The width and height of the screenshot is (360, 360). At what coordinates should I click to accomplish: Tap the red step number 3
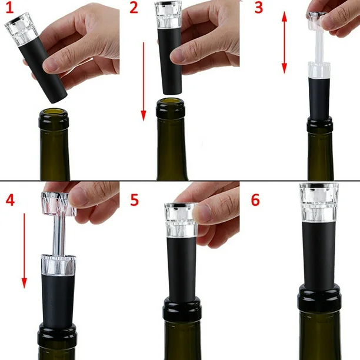click(258, 7)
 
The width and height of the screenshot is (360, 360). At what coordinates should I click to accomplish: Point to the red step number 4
click(11, 199)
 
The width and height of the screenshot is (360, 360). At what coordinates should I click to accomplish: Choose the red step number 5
click(135, 199)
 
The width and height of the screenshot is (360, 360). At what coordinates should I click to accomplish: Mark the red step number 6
click(255, 199)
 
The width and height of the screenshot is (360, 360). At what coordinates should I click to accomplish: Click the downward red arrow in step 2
click(144, 81)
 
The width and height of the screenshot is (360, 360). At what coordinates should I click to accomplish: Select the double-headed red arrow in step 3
click(284, 42)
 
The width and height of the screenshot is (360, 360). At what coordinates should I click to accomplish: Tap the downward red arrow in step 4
click(24, 251)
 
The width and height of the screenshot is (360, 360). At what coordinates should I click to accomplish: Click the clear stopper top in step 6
click(319, 203)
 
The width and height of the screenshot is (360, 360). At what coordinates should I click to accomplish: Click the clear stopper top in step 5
click(181, 220)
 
